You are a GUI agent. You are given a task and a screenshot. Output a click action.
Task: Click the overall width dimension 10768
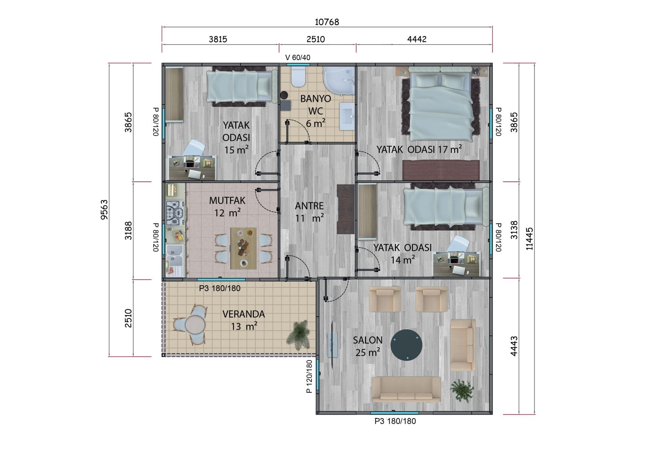point(327,22)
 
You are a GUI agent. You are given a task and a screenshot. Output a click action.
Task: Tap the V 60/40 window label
point(297,58)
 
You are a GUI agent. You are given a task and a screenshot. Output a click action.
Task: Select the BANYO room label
point(316,99)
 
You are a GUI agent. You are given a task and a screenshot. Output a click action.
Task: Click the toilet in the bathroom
point(298,77)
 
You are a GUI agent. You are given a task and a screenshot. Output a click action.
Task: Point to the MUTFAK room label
point(227,201)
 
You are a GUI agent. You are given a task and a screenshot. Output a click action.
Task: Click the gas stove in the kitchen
point(175,213)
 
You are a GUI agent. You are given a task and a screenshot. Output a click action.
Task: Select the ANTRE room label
point(309,206)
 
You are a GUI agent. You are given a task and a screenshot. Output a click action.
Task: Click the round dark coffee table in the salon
point(406,345)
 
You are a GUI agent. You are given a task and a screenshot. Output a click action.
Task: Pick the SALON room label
point(367,340)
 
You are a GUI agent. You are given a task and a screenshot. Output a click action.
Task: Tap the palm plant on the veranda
point(299,335)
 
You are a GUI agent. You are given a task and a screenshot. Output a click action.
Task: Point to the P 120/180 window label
point(309,376)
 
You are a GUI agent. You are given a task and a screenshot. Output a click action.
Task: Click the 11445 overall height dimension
point(529,239)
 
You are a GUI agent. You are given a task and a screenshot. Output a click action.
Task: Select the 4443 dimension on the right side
point(514,346)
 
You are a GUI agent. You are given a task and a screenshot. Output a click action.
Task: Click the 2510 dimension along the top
point(316,39)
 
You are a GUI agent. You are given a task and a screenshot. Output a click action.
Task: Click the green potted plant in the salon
point(462,390)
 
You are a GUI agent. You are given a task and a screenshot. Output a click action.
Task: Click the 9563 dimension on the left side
point(104,210)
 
